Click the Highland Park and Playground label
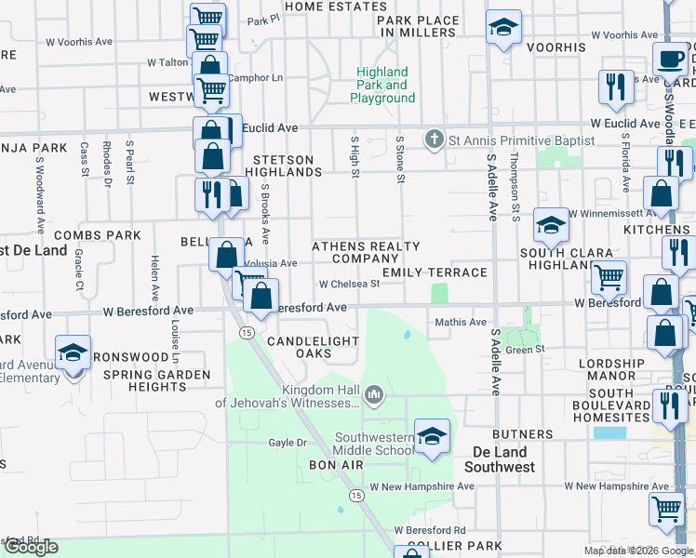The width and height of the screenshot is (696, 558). click(382, 85)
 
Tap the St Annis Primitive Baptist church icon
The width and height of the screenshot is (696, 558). click(433, 139)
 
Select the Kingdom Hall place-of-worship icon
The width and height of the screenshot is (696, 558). click(374, 395)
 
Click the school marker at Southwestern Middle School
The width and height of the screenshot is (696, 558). click(432, 436)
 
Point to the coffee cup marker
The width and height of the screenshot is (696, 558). click(670, 60)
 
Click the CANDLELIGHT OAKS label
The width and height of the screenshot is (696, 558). click(312, 348)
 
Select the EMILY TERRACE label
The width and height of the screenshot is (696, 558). click(435, 272)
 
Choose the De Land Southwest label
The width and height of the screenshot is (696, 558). click(500, 458)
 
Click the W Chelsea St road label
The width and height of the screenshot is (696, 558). click(349, 285)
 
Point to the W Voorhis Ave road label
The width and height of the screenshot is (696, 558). click(78, 42)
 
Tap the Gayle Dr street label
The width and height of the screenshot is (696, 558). click(288, 443)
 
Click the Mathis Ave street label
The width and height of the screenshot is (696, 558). click(462, 323)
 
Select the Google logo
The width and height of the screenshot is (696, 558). click(31, 547)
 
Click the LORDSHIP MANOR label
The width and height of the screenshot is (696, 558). click(610, 370)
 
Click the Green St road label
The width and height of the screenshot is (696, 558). click(525, 349)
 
